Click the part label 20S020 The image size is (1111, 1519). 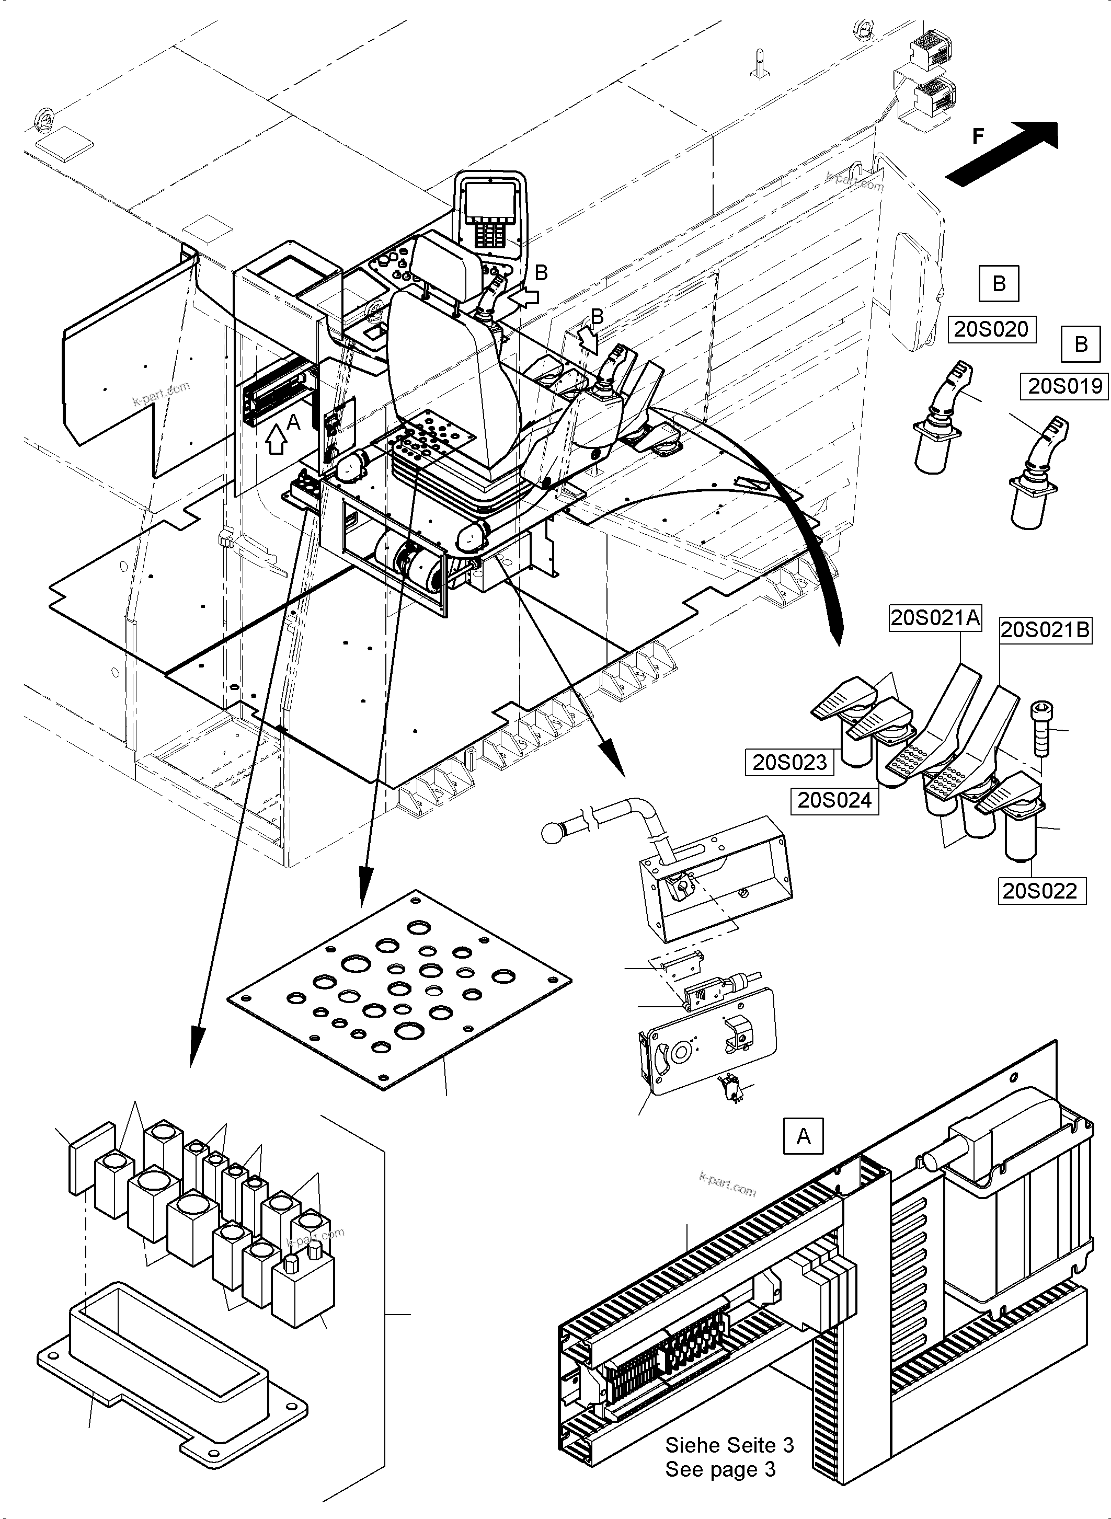991,329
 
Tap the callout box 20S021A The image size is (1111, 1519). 935,617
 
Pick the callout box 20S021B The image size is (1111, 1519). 1045,629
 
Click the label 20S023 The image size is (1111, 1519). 789,763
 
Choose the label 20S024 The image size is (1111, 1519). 834,800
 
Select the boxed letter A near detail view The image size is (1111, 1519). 803,1136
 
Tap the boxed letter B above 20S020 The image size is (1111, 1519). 999,283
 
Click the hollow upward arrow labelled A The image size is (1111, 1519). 277,441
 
